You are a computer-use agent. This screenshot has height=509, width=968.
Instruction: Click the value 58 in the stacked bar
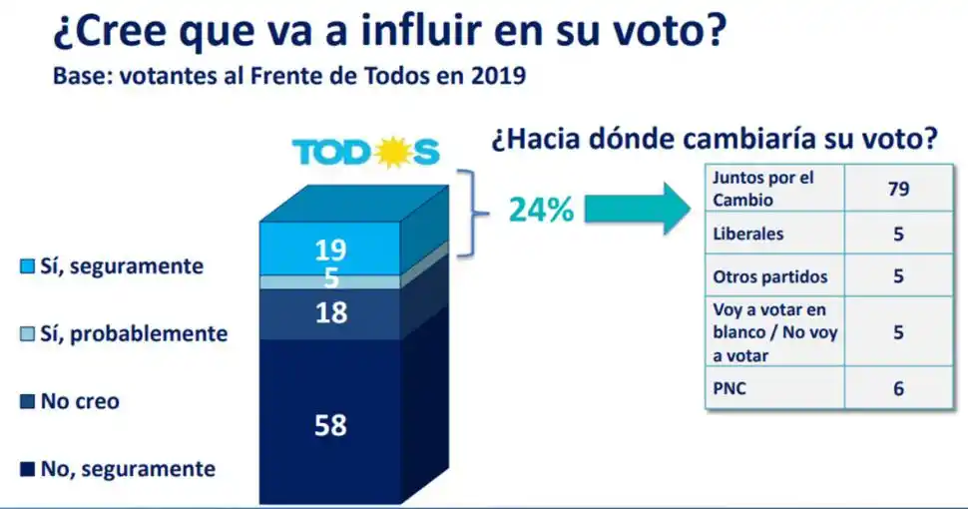pos(330,425)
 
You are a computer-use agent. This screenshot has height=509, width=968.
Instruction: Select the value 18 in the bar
pos(330,312)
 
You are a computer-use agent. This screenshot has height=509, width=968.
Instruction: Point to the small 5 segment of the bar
pos(330,280)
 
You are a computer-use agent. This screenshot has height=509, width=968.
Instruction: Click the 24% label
pos(541,211)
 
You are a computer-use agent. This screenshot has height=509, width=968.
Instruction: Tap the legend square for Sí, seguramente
pos(28,266)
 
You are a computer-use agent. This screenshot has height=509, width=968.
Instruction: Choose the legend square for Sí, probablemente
pos(28,333)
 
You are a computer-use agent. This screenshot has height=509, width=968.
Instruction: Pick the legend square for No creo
pos(28,402)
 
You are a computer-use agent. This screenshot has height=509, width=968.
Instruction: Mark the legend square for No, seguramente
pos(28,469)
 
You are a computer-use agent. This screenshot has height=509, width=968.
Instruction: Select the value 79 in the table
pos(898,189)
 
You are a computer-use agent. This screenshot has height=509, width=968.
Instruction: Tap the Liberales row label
pos(749,236)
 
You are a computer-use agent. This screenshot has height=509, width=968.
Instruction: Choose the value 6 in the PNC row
pos(898,389)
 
